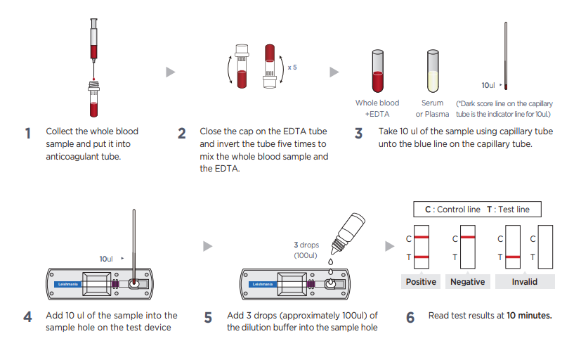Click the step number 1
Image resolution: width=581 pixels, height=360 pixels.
(28, 134)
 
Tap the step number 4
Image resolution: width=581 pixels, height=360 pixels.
(28, 318)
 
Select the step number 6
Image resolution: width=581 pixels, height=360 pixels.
(410, 318)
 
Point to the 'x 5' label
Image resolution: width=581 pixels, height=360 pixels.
(292, 67)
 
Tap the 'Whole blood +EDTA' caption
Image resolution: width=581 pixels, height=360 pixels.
(377, 108)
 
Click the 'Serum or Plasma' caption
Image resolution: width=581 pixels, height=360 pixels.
(433, 108)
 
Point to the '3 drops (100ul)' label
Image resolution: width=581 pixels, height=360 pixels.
(306, 250)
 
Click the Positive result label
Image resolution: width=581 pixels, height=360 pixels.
(422, 282)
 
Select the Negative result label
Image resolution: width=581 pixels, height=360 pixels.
(467, 282)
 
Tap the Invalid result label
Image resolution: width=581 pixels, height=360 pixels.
(525, 282)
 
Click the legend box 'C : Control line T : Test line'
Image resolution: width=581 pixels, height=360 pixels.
(477, 210)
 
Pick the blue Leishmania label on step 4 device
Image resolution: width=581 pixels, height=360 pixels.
(69, 285)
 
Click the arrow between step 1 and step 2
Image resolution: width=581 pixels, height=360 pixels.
(170, 72)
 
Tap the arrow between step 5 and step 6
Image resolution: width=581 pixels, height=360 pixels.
(390, 246)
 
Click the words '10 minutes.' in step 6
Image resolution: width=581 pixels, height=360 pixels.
(529, 316)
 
